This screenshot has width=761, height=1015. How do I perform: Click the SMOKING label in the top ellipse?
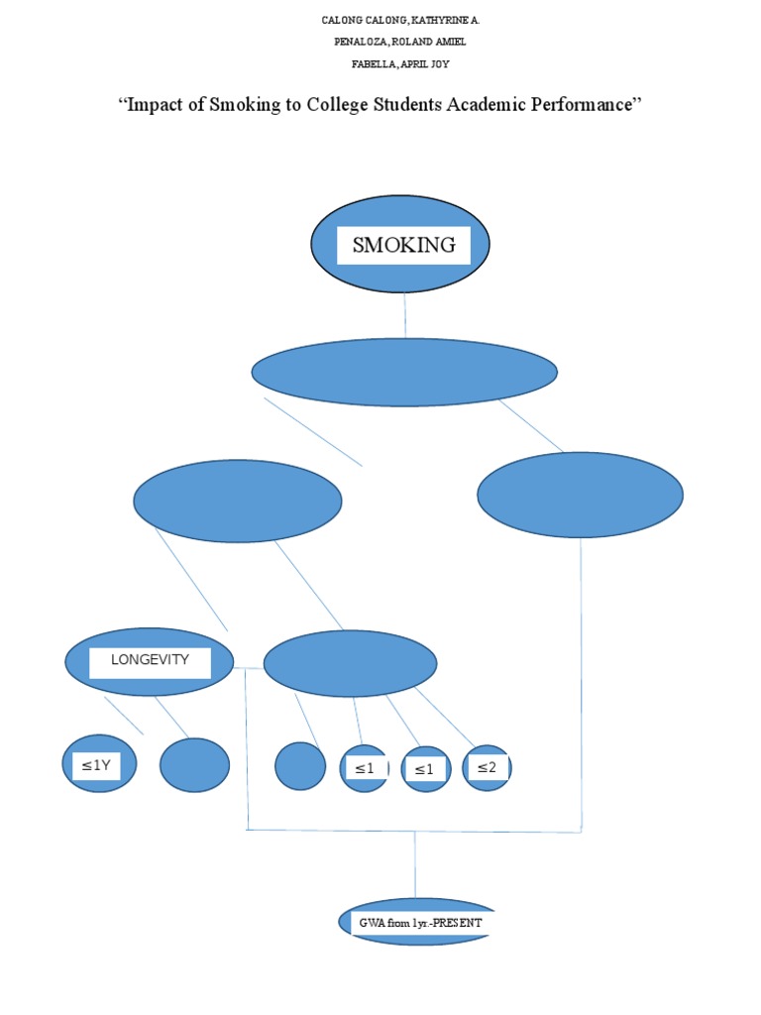pyautogui.click(x=404, y=245)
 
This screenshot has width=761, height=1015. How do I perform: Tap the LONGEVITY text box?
pyautogui.click(x=150, y=663)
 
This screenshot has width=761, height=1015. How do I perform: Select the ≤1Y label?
pyautogui.click(x=96, y=765)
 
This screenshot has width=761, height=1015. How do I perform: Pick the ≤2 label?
pyautogui.click(x=487, y=767)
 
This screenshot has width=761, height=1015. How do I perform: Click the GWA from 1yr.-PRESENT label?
pyautogui.click(x=420, y=923)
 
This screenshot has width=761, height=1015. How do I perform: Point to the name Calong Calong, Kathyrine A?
pyautogui.click(x=400, y=20)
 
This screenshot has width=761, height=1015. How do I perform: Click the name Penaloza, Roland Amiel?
pyautogui.click(x=400, y=42)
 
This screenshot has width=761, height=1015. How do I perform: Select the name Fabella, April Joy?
pyautogui.click(x=400, y=63)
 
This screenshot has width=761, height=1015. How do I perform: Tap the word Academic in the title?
pyautogui.click(x=486, y=104)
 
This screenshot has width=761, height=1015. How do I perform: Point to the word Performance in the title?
pyautogui.click(x=581, y=104)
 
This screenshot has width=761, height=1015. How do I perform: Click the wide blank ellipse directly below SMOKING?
pyautogui.click(x=404, y=373)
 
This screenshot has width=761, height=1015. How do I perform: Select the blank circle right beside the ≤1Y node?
pyautogui.click(x=195, y=764)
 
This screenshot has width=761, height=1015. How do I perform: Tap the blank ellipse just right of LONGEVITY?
pyautogui.click(x=350, y=663)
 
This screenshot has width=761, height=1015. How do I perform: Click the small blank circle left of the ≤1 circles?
pyautogui.click(x=300, y=766)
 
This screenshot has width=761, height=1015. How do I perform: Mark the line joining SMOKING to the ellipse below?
pyautogui.click(x=405, y=315)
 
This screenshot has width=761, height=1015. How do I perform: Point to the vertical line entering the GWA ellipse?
pyautogui.click(x=415, y=864)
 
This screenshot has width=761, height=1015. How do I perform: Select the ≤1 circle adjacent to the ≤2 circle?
pyautogui.click(x=426, y=768)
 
